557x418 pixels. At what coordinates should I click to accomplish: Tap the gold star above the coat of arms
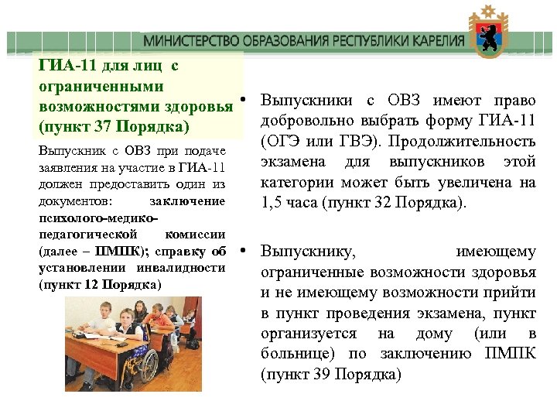pos(488,12)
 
